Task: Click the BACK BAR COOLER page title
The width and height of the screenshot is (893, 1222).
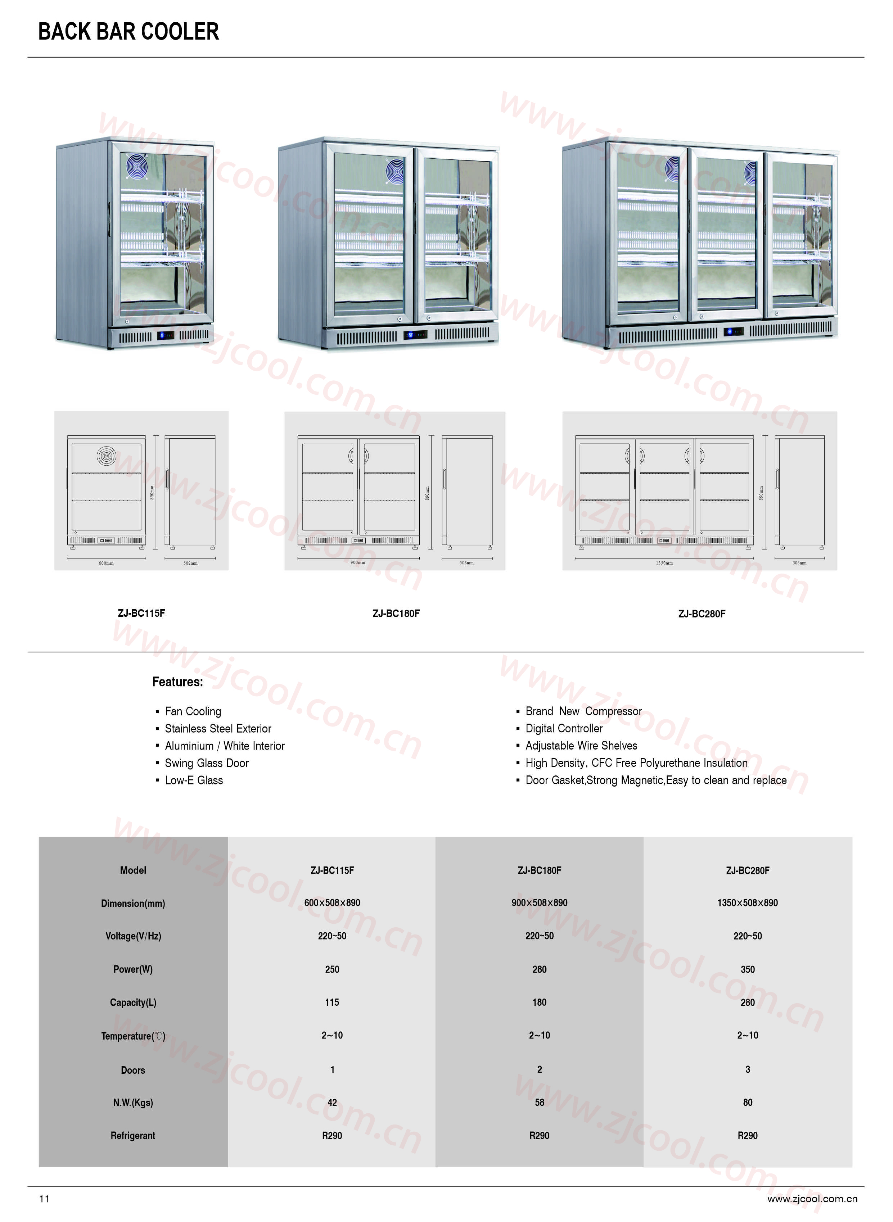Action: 128,32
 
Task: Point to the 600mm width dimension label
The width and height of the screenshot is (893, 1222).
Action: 106,563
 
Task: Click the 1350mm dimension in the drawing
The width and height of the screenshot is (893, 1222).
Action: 664,563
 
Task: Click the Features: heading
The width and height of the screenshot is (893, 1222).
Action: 177,682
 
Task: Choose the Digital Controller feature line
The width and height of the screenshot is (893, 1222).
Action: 564,729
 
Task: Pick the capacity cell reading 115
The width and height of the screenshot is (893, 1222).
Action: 332,1003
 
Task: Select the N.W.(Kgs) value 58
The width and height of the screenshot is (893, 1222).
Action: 540,1103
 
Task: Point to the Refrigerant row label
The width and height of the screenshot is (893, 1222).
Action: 133,1136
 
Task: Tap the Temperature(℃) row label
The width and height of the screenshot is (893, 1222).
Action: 133,1036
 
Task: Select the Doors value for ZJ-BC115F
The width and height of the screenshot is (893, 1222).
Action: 332,1069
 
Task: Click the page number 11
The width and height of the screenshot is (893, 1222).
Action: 44,1199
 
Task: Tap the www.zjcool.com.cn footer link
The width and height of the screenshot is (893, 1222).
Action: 812,1199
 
